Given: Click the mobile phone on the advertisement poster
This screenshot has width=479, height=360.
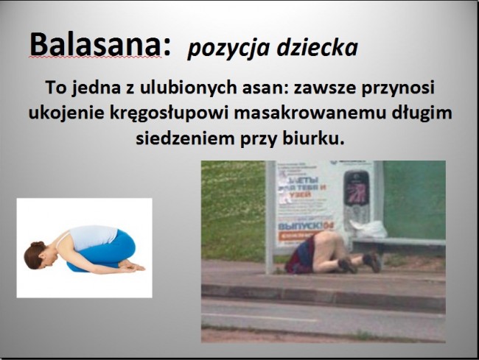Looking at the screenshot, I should (356, 194).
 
